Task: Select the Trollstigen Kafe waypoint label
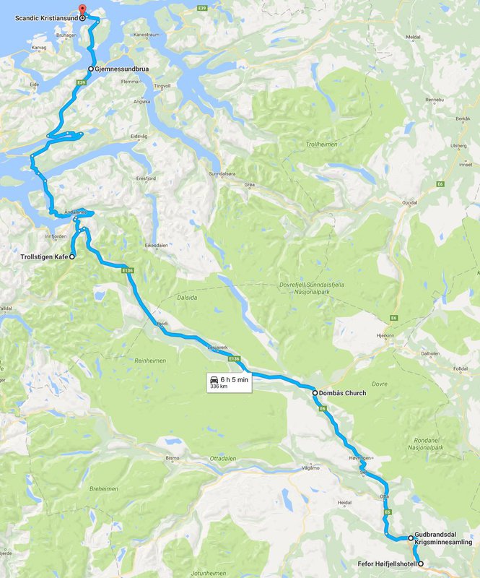[43, 256]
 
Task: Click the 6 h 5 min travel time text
[234, 379]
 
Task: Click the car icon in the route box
[214, 379]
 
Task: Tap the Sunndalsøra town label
[223, 174]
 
